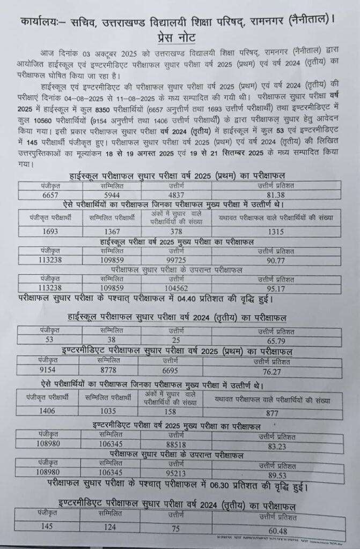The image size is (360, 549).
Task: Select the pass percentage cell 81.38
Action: coord(275,195)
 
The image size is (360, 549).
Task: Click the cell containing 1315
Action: coord(275,231)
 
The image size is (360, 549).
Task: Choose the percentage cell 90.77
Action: coord(275,261)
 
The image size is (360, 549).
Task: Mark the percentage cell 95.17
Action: coord(275,290)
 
